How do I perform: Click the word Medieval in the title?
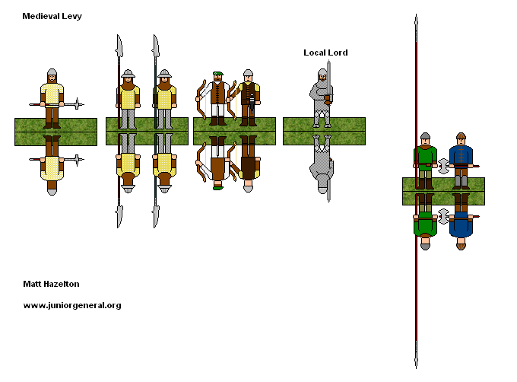pyautogui.click(x=37, y=16)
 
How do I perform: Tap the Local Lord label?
pyautogui.click(x=325, y=53)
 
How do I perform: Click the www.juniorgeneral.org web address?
pyautogui.click(x=71, y=305)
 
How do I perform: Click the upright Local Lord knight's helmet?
pyautogui.click(x=322, y=74)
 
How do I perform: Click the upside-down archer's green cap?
pyautogui.click(x=218, y=186)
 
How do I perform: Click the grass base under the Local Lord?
pyautogui.click(x=323, y=131)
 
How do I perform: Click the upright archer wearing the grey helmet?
pyautogui.click(x=247, y=97)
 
